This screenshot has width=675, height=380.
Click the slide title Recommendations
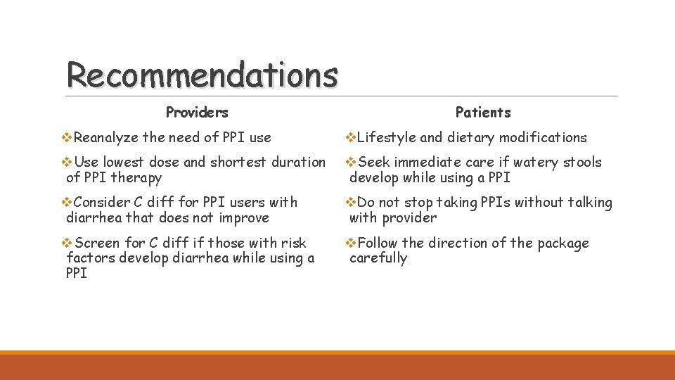click(202, 75)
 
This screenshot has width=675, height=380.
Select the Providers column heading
click(197, 112)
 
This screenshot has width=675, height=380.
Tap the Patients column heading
click(483, 112)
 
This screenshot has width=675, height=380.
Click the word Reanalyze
click(106, 137)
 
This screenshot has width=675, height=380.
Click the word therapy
click(136, 178)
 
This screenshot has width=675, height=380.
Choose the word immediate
click(430, 163)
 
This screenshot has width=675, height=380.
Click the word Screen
click(97, 243)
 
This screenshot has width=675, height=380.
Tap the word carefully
click(378, 258)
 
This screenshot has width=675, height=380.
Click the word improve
click(243, 217)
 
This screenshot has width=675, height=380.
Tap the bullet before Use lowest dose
click(68, 162)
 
